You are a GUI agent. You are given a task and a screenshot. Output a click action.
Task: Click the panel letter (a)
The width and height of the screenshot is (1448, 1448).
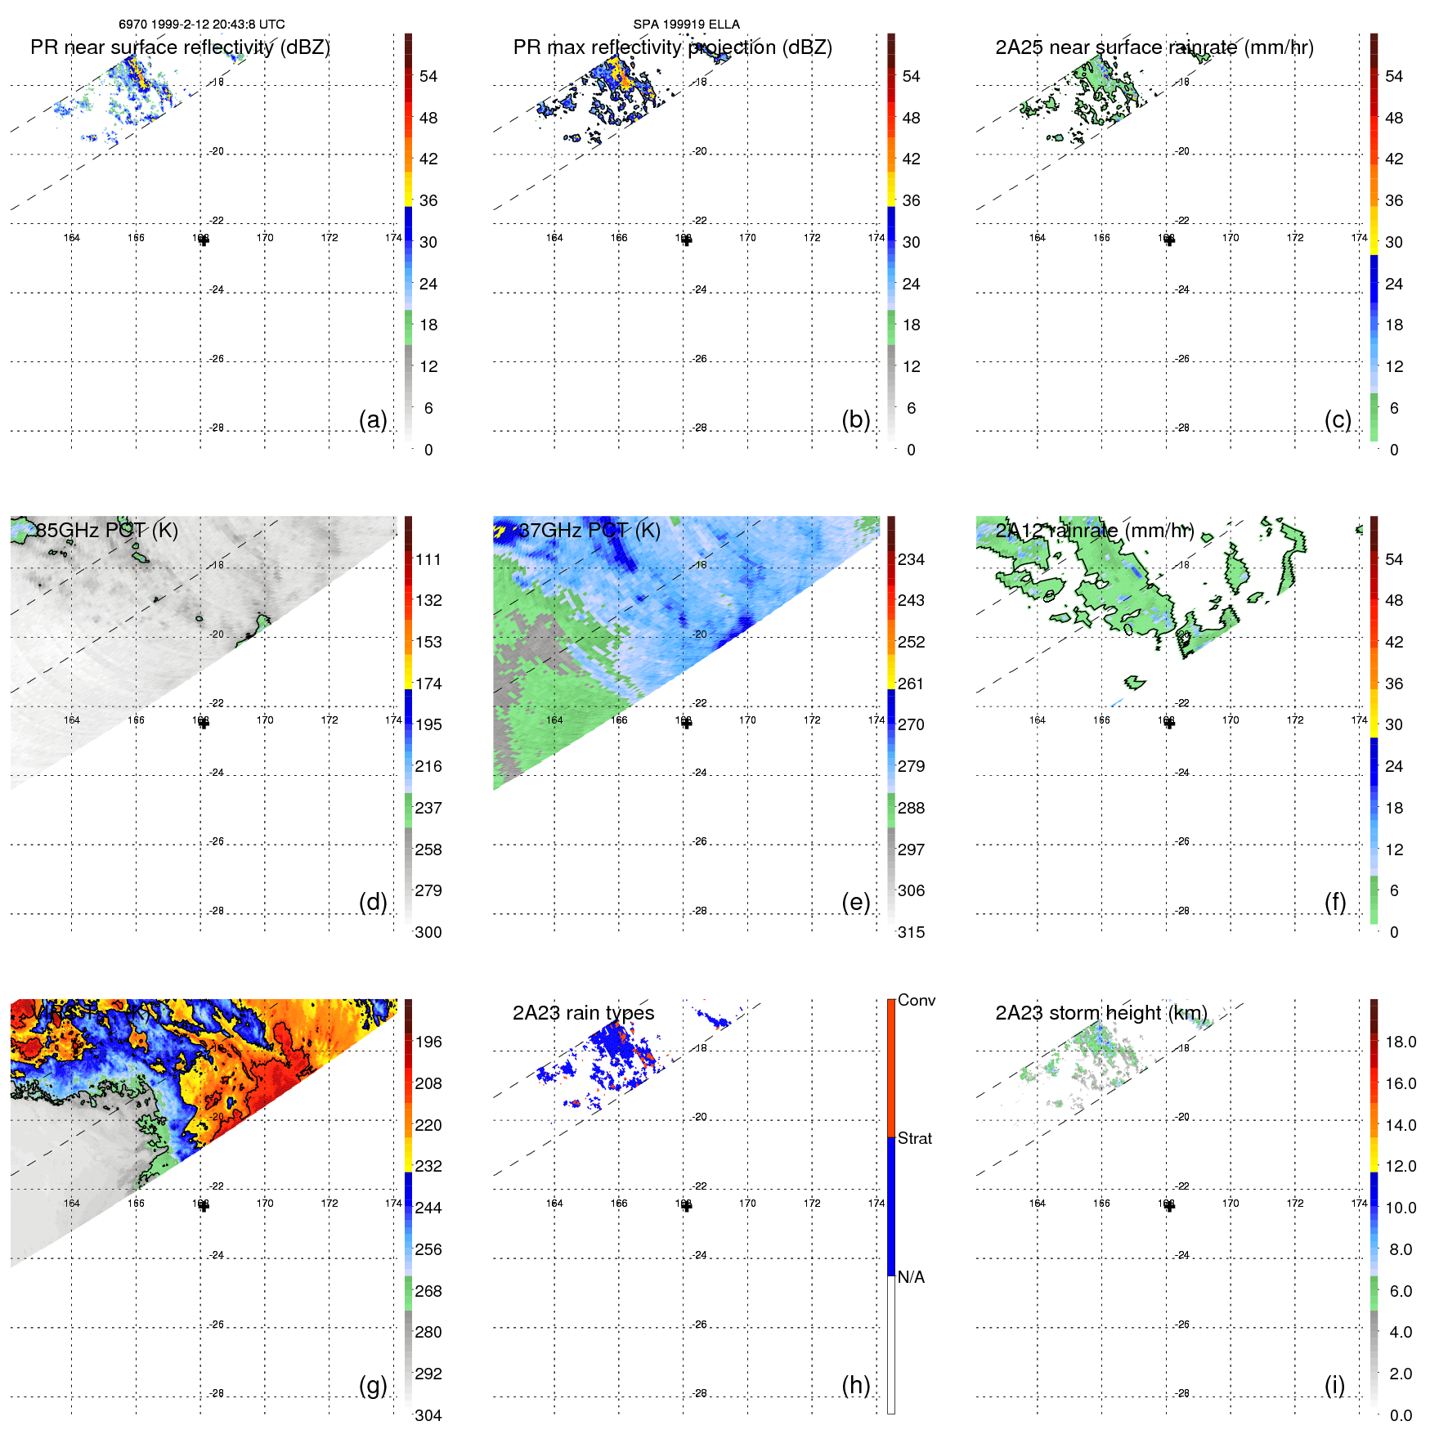[x=373, y=419]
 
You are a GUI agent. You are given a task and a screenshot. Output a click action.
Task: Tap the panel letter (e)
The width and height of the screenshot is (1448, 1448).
[x=855, y=902]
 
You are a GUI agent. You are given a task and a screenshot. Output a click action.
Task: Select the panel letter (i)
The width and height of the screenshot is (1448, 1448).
[x=1334, y=1385]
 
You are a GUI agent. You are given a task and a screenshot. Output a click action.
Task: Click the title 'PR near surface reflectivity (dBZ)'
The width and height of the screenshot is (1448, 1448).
[x=180, y=47]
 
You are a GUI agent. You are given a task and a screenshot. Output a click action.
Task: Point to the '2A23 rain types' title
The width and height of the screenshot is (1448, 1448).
[x=583, y=1013]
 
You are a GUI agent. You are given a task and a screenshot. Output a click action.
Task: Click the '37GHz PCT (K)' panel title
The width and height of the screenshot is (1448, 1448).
[x=590, y=531]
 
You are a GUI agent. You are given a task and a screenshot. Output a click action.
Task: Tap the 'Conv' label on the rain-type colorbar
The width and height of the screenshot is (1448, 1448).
[x=916, y=1001]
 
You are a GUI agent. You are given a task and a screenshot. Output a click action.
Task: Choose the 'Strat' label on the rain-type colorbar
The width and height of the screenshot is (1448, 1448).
[x=915, y=1139]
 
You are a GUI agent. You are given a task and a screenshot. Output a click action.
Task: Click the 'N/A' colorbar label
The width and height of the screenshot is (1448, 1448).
[x=911, y=1277]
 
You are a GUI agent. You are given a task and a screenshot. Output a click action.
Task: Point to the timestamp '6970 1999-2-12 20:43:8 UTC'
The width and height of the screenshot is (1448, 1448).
[x=202, y=25]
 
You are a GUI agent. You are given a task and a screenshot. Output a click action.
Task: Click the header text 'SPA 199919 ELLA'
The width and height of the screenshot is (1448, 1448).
[x=686, y=25]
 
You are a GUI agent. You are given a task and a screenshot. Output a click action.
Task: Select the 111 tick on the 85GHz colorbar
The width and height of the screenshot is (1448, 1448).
[x=428, y=560]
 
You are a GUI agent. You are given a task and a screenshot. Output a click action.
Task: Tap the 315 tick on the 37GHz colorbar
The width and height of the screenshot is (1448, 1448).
[x=911, y=932]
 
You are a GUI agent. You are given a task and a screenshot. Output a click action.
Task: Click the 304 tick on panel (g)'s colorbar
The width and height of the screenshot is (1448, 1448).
[x=428, y=1415]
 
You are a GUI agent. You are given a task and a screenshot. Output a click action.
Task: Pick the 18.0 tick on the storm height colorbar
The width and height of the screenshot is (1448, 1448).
[x=1401, y=1042]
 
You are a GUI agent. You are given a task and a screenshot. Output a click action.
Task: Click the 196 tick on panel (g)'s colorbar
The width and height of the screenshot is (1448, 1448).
[x=428, y=1042]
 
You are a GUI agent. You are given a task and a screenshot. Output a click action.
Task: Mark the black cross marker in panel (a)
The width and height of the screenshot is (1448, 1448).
[x=204, y=240]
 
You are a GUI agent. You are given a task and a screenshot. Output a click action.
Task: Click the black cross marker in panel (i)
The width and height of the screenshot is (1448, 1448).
[x=1169, y=1206]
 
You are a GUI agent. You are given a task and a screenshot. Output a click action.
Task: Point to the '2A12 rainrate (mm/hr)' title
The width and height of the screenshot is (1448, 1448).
[x=1095, y=531]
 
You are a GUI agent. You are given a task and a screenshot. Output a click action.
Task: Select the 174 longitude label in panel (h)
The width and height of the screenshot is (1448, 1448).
[x=876, y=1204]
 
